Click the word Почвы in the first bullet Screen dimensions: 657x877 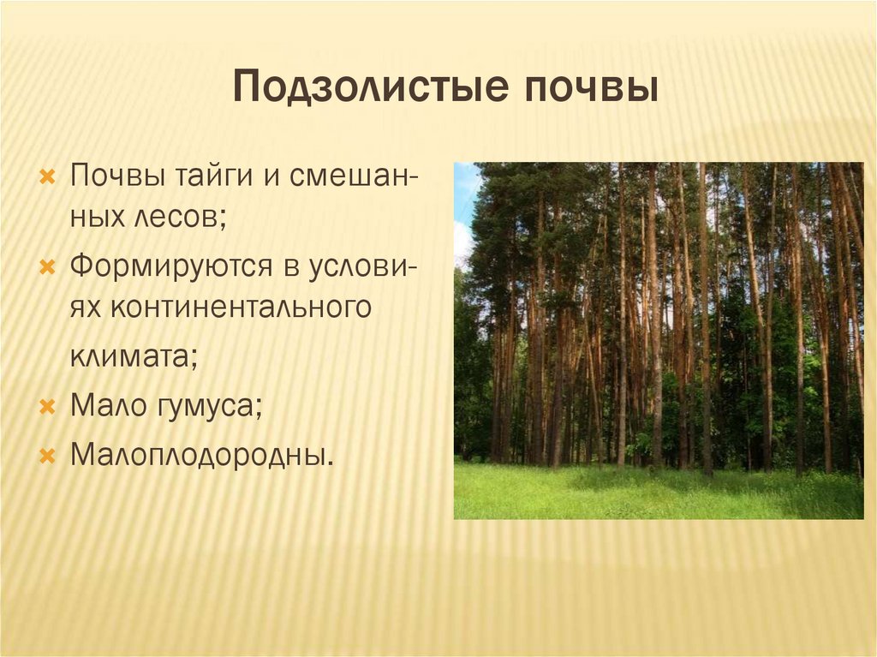(107, 176)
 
